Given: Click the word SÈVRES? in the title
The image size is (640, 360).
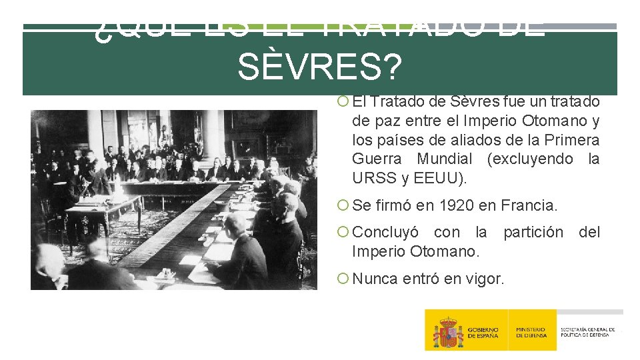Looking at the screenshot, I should pyautogui.click(x=319, y=67).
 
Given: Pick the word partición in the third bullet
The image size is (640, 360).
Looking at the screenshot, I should pyautogui.click(x=533, y=232).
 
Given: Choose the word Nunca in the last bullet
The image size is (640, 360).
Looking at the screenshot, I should pyautogui.click(x=375, y=279).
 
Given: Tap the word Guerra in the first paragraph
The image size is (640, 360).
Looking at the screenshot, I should pyautogui.click(x=377, y=159).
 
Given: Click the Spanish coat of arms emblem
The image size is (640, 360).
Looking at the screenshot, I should pyautogui.click(x=447, y=331).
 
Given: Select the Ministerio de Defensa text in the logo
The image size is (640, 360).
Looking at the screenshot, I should pyautogui.click(x=531, y=332).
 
